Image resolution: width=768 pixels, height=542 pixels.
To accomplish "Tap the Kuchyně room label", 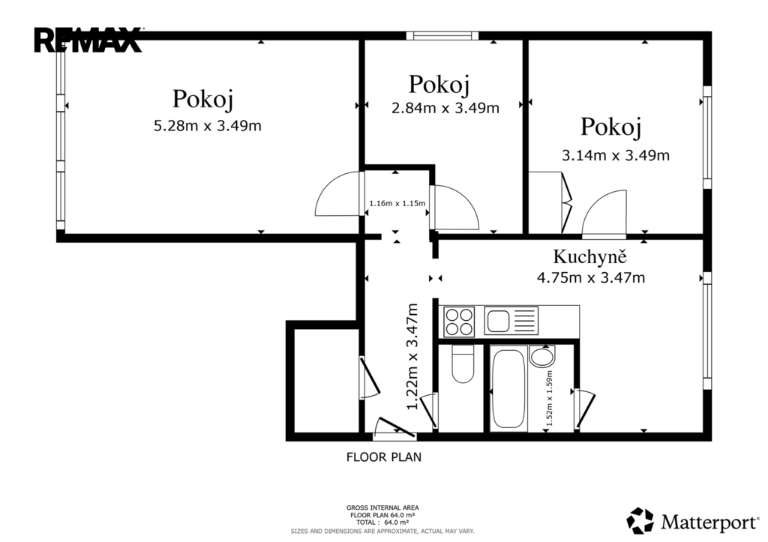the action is (x=589, y=256).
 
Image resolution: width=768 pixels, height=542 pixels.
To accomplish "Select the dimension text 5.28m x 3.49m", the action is (x=208, y=126).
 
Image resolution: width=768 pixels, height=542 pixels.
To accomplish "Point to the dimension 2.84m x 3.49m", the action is (x=445, y=108).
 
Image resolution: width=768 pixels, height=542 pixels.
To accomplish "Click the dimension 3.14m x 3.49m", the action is (x=615, y=156).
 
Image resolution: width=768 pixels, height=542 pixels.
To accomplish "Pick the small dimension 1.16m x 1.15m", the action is (x=397, y=203).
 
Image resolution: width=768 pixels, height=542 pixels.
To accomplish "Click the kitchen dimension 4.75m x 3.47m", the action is (x=591, y=278).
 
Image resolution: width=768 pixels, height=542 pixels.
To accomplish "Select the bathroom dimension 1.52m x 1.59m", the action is (x=549, y=398).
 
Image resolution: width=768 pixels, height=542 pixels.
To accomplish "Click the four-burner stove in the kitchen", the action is (x=459, y=321).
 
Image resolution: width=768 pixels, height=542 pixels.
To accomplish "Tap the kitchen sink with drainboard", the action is (x=511, y=321).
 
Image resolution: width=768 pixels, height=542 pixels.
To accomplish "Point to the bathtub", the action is (x=508, y=389).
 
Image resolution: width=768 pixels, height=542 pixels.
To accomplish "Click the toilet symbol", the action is (x=462, y=364).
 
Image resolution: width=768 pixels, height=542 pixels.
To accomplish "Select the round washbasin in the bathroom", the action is (x=542, y=356).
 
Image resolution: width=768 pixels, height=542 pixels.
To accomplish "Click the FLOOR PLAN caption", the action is (x=384, y=457).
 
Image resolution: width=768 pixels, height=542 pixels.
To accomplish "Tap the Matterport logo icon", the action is (x=640, y=520).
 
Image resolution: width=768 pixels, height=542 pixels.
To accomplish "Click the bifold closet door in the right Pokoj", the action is (x=567, y=202).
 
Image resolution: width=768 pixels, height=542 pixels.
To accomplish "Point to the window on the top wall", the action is (x=442, y=35).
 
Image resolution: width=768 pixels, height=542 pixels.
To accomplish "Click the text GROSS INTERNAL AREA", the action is (x=382, y=508).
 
